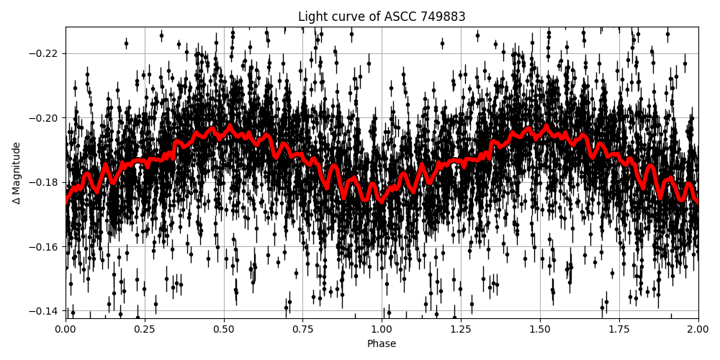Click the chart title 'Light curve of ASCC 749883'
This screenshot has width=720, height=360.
point(382,17)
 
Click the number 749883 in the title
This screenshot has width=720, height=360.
point(441,17)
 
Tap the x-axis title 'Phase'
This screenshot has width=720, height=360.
point(382,344)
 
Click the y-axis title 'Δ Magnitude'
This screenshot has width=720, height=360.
point(16,173)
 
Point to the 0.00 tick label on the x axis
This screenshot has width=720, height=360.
point(66,329)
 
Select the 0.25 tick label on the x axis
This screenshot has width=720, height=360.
point(145,329)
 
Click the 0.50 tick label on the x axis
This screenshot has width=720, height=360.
point(224,329)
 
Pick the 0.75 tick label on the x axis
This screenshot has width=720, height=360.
point(302,329)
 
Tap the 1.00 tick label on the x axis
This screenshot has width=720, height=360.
point(382,329)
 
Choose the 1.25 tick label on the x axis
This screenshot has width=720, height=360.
point(461,329)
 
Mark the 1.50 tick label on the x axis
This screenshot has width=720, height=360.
point(540,329)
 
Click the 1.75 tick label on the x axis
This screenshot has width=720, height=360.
point(619,329)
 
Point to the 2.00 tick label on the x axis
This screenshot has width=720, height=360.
point(698,329)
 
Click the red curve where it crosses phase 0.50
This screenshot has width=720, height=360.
point(224,132)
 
